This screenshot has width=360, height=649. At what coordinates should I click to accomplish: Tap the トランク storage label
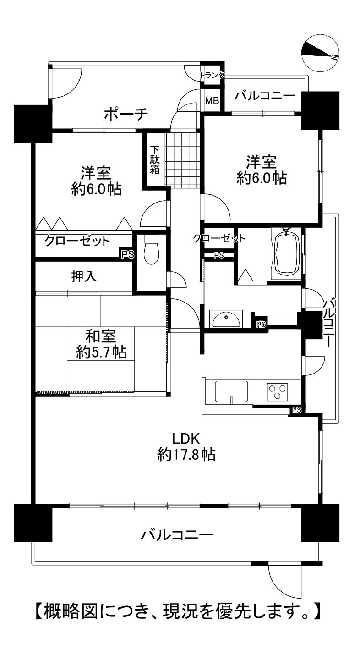tap(212, 75)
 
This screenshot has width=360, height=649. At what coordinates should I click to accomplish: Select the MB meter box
tap(213, 101)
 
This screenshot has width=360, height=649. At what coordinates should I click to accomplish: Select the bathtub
tap(286, 253)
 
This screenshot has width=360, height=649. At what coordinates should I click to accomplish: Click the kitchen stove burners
tap(278, 392)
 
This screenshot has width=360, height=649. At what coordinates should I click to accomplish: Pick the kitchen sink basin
tap(231, 391)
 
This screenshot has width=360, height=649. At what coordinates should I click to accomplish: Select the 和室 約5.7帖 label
tap(101, 344)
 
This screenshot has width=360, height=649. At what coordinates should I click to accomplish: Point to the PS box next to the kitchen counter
tap(296, 410)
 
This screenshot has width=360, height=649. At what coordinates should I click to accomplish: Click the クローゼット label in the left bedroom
tap(77, 241)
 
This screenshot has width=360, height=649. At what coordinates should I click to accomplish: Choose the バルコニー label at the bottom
tap(177, 534)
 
